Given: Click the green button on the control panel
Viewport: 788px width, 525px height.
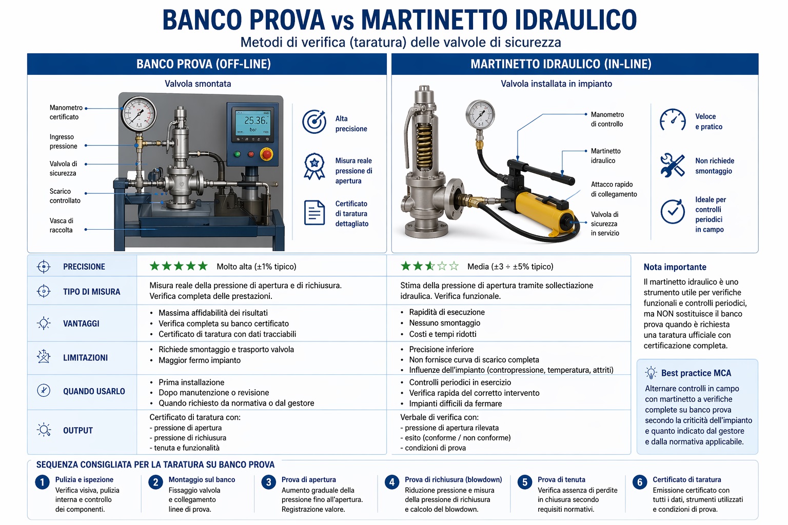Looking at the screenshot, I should coord(237,154).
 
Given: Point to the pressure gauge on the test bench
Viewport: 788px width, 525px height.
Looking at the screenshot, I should coord(139,113).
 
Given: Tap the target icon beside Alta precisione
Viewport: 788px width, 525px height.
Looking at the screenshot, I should coord(314,122).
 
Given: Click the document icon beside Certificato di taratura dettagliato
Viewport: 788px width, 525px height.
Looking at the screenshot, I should coord(314,213).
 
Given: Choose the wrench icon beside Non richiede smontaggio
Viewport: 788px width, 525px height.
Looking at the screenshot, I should coord(672,166).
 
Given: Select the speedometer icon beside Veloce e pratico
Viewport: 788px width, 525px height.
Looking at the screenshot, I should coord(673,120).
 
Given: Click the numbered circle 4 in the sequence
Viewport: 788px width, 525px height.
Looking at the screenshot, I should coord(392,482).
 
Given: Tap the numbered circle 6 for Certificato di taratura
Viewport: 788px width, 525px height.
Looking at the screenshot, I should coord(639,482).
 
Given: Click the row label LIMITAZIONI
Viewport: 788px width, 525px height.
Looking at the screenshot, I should coord(85,358).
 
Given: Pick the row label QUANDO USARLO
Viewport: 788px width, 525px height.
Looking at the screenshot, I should coord(94,392).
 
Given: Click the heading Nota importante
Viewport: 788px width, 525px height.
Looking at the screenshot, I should coord(675,267).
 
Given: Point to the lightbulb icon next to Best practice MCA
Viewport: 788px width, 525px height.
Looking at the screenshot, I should coord(651,373).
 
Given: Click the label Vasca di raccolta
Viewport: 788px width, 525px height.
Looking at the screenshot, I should coord(62,226).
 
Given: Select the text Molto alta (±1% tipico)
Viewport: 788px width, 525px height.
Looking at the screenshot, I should coord(257,267).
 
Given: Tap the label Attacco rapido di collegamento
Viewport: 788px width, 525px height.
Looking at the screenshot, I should coord(614,189).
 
